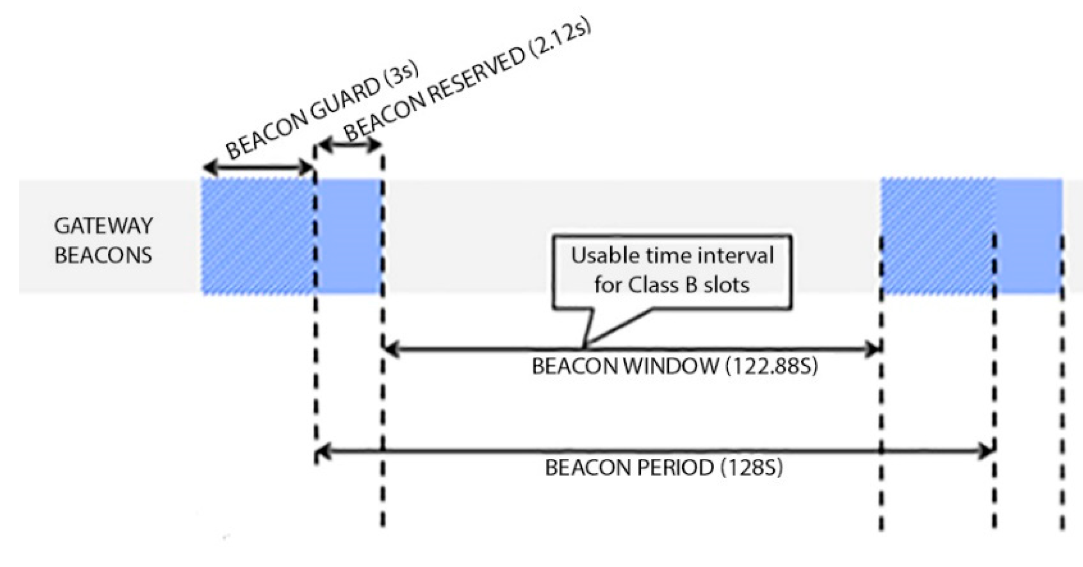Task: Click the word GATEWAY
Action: (x=104, y=226)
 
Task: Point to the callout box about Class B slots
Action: (x=672, y=271)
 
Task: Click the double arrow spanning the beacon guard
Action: (x=258, y=167)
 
